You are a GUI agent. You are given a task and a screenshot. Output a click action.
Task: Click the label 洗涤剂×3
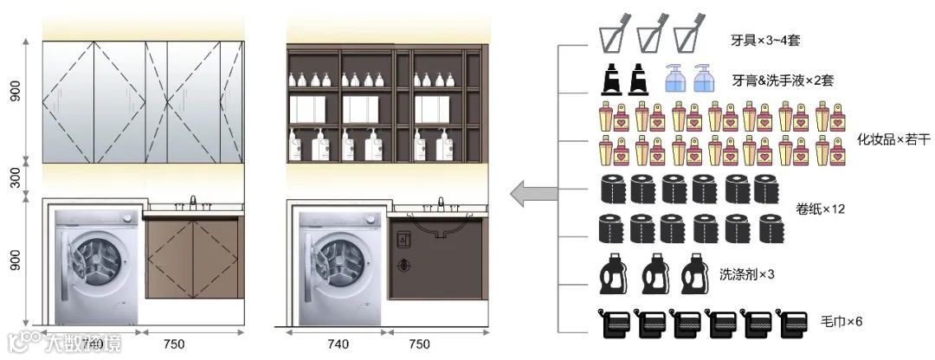[x=746, y=274]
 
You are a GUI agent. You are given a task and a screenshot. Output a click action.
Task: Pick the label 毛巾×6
[x=841, y=322]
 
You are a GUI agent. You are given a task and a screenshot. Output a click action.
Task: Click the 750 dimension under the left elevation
[x=174, y=344]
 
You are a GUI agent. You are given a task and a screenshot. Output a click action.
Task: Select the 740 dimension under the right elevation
[x=339, y=344]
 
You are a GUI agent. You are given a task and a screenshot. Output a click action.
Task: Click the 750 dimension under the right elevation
[x=419, y=344]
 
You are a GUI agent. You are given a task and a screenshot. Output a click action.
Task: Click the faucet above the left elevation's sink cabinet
[x=192, y=202]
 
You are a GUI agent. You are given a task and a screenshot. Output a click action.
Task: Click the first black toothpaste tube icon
[x=611, y=80]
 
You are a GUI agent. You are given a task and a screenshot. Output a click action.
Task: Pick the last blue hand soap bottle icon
[x=701, y=79]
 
